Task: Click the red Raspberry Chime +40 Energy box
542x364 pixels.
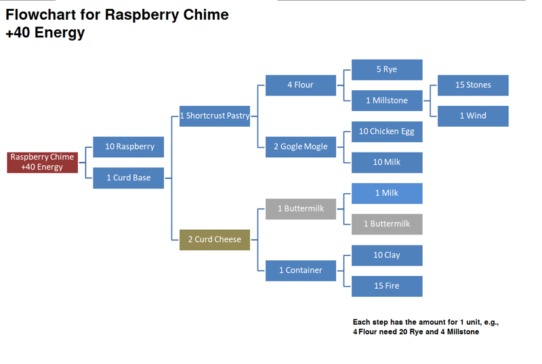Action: [42, 162]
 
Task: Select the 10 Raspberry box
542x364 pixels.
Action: [129, 146]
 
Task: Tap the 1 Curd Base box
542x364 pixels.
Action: [129, 178]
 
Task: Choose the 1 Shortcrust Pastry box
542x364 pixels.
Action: [215, 116]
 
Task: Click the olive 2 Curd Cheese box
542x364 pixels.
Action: [215, 239]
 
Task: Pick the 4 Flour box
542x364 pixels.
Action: [301, 85]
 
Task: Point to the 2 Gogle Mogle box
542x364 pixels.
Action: [301, 146]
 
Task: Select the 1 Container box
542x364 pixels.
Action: [301, 270]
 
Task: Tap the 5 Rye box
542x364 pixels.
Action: [387, 69]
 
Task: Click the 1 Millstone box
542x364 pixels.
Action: [387, 100]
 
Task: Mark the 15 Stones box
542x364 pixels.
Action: [473, 85]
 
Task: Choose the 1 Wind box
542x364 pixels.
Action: [473, 116]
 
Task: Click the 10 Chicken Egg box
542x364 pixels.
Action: [387, 132]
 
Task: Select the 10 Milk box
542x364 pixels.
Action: [387, 162]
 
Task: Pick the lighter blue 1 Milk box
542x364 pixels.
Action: [387, 193]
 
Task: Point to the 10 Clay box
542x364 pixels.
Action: [387, 255]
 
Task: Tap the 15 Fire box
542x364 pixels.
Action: [387, 286]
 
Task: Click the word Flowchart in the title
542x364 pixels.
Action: [41, 15]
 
